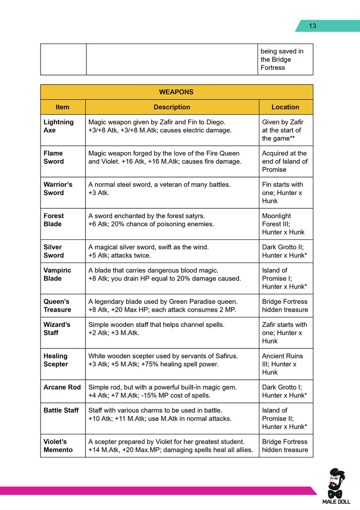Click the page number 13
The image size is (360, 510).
[312, 26]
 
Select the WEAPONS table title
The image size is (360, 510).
[176, 92]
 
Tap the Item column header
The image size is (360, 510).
[62, 107]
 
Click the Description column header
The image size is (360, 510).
[172, 107]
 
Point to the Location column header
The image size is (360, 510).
[285, 107]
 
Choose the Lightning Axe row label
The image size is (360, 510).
[59, 126]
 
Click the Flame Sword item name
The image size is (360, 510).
[53, 157]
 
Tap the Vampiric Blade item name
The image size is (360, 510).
[57, 274]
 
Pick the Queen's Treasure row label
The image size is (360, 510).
[57, 306]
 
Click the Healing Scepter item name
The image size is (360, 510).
[56, 360]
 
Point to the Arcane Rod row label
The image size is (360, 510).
[62, 387]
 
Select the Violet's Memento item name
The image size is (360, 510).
[58, 446]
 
